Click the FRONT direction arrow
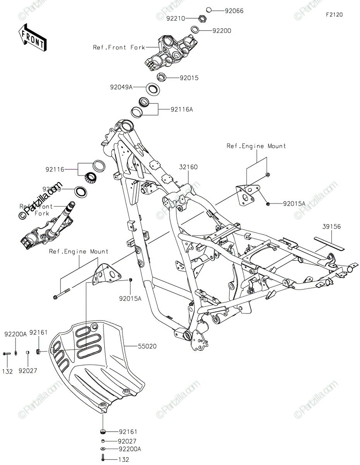coord(32,37)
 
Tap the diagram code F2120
coord(334,15)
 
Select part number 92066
coord(234,11)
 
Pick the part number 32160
coord(188,167)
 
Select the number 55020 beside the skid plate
coord(147,346)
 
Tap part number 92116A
coord(181,109)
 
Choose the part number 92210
coord(176,18)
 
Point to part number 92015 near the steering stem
coord(189,78)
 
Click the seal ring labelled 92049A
coord(153,89)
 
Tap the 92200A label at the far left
coord(16,334)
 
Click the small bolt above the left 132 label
coord(7,353)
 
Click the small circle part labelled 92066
coord(208,10)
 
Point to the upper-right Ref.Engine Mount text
coord(256,146)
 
